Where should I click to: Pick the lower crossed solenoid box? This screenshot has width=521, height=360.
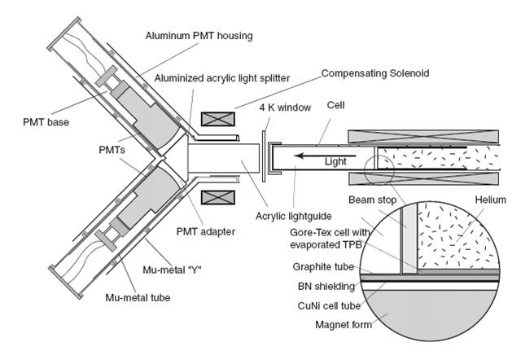coord(217,197)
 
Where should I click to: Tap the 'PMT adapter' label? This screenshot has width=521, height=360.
coord(205,231)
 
